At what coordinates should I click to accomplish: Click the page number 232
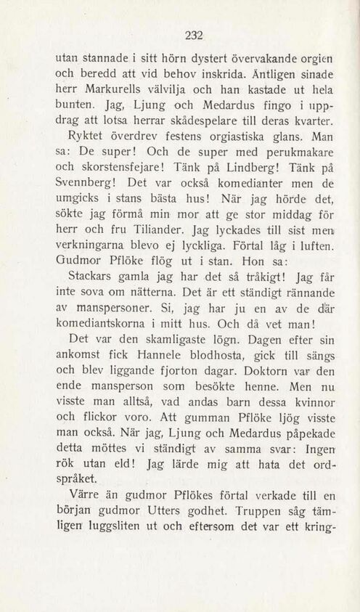(x=192, y=33)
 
